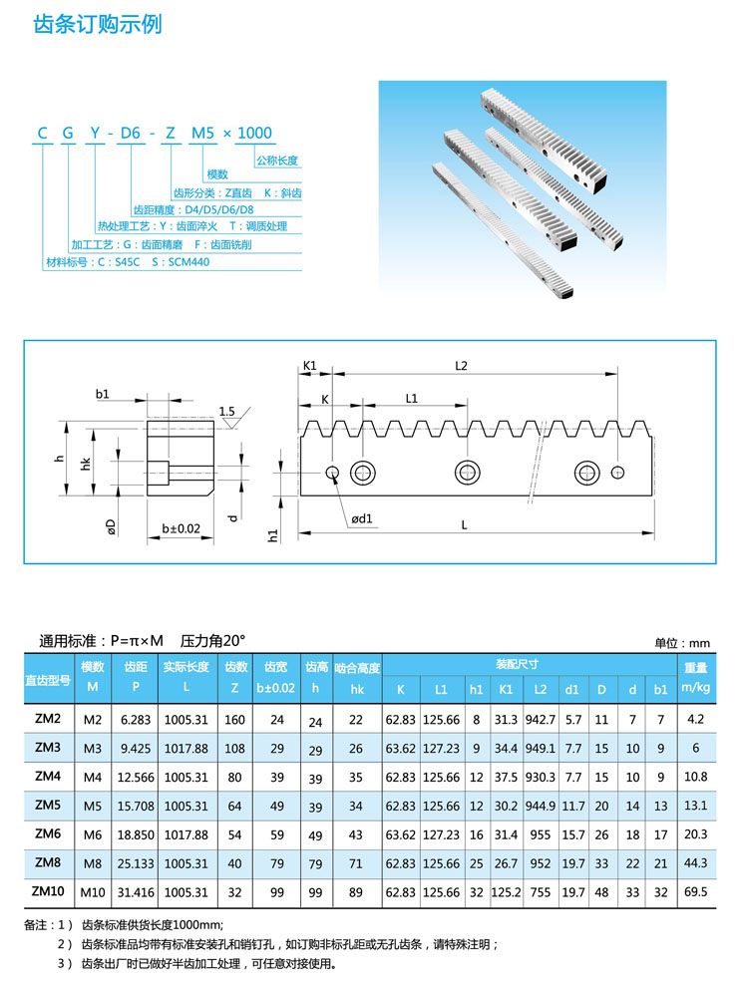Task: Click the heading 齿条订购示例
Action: [98, 24]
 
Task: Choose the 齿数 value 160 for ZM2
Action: [236, 719]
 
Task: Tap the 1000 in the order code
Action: [253, 134]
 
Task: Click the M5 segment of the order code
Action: [202, 134]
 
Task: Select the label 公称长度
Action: [277, 161]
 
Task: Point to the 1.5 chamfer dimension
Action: [226, 411]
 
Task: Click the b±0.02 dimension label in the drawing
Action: [181, 529]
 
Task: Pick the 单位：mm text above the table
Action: [682, 642]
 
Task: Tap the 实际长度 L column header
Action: [185, 677]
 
